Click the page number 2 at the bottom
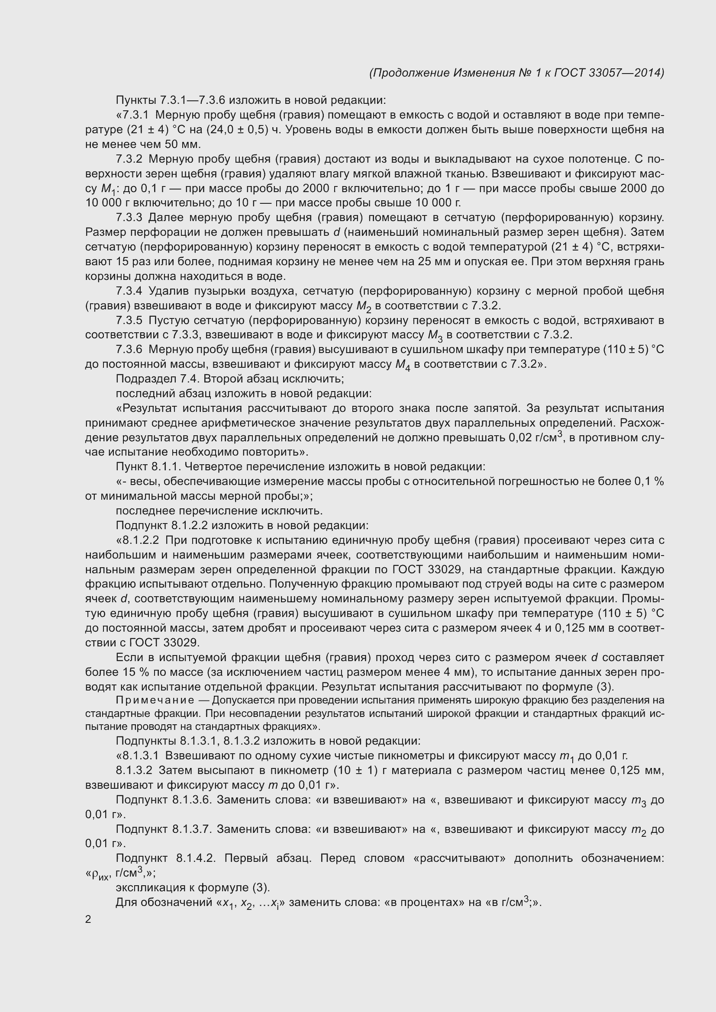point(88,919)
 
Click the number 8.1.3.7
point(193,829)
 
